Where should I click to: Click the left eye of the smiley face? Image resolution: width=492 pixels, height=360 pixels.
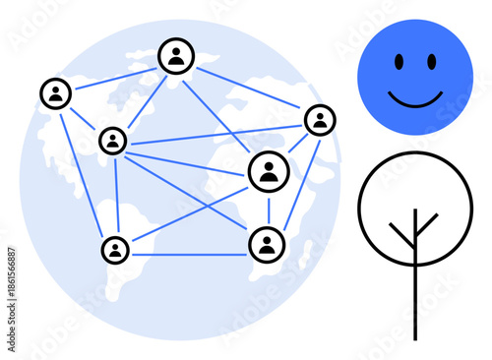point(399,62)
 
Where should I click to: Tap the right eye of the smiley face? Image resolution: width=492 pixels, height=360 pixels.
point(431,62)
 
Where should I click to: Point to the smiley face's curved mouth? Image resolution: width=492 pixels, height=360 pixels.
point(414,98)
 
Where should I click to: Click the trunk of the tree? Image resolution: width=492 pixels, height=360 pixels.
point(415,295)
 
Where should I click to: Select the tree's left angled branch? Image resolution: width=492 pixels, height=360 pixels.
point(401,235)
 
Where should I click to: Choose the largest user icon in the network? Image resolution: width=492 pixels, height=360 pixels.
point(267,172)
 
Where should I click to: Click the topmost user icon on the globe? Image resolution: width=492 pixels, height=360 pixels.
point(176,56)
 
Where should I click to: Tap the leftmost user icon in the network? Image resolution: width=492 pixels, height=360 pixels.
point(56,93)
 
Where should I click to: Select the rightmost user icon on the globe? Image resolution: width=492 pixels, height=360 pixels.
point(320,120)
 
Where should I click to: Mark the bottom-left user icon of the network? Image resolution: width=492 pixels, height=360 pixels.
point(116,249)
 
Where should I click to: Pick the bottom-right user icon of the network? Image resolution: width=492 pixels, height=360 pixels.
point(267,244)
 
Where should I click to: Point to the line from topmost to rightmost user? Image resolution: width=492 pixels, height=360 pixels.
point(248,89)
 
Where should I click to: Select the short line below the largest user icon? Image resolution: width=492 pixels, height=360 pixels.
point(268,209)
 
